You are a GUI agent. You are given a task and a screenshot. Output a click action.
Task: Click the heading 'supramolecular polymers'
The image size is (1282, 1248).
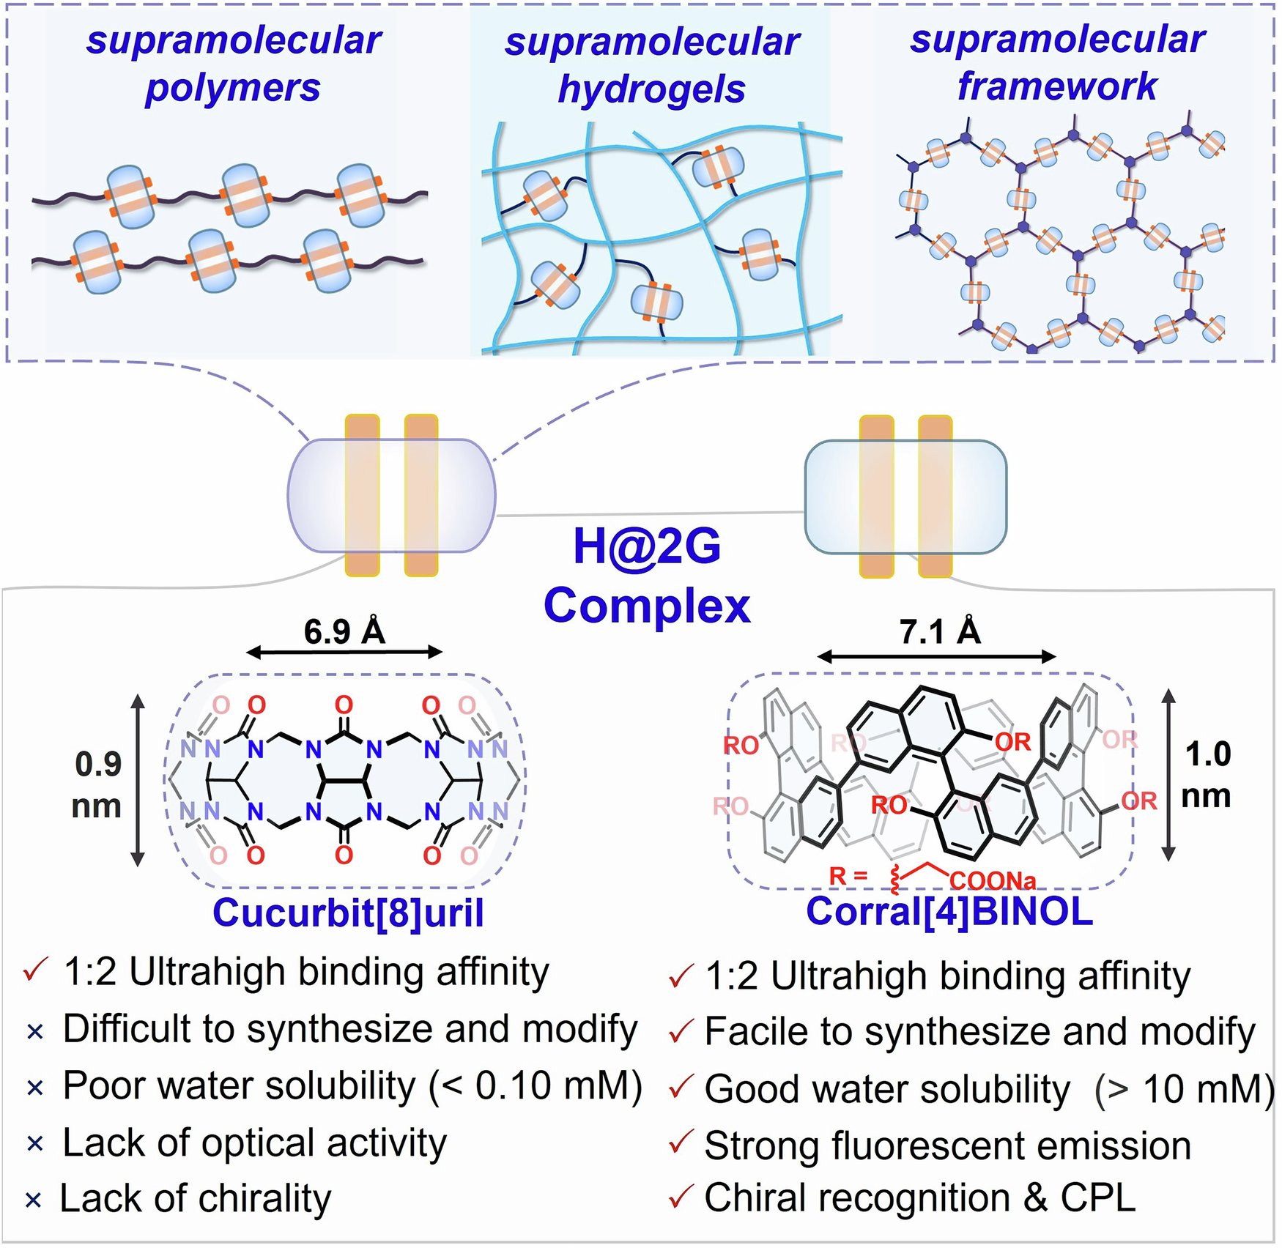tap(233, 64)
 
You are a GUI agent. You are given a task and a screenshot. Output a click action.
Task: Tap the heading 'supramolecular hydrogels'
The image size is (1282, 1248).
tap(651, 66)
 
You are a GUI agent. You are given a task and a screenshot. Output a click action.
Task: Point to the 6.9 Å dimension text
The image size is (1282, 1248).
tap(344, 631)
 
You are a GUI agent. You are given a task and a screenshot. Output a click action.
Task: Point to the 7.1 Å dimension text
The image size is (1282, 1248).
tap(940, 631)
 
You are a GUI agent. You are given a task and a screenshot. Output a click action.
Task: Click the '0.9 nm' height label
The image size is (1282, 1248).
tap(97, 785)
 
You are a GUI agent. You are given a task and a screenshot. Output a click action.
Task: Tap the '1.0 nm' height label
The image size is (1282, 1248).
tap(1207, 775)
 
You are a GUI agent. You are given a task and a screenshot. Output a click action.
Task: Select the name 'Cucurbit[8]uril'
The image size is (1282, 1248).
tap(348, 913)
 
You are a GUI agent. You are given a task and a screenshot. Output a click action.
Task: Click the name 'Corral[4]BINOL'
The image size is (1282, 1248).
tap(949, 911)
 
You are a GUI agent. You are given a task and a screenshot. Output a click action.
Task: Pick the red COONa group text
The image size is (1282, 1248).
tap(993, 880)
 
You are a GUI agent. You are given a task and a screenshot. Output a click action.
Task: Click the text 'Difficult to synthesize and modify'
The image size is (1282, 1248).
tap(349, 1029)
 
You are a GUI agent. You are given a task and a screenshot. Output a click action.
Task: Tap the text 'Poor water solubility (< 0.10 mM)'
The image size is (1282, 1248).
tap(352, 1085)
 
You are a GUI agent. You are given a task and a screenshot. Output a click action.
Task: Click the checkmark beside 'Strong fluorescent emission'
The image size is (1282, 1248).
tap(681, 1143)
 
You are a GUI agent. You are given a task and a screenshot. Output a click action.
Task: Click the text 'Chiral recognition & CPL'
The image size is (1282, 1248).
tap(919, 1198)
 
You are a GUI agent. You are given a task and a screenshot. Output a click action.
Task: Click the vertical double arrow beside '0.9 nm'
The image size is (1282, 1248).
tap(138, 780)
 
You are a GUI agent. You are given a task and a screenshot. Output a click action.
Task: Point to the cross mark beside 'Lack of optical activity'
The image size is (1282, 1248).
tap(34, 1144)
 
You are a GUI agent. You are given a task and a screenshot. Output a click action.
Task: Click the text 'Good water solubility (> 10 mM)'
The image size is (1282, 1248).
tap(989, 1089)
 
